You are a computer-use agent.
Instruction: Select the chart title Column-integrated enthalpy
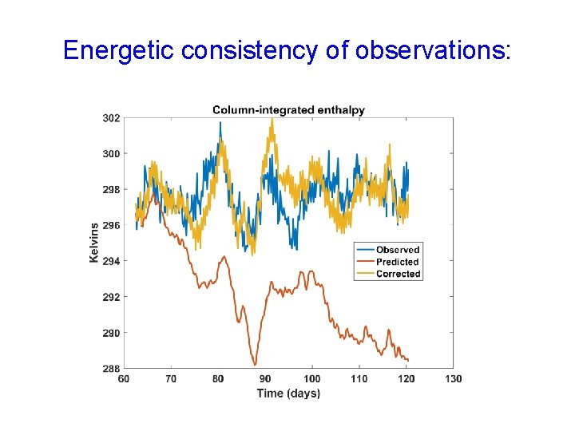click(288, 109)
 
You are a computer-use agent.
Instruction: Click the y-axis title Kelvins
click(94, 243)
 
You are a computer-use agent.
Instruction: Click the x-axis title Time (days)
click(288, 393)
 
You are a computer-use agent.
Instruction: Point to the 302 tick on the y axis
click(111, 118)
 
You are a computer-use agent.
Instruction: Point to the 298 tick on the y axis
click(111, 190)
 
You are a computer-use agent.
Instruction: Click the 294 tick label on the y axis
click(111, 261)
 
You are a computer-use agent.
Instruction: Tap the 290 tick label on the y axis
click(111, 333)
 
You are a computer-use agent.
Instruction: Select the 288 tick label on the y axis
click(111, 369)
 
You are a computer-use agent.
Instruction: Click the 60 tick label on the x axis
click(124, 378)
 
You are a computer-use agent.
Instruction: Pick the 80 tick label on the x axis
click(218, 378)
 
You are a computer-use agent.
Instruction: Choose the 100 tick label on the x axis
click(312, 378)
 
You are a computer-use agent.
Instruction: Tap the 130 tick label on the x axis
click(453, 378)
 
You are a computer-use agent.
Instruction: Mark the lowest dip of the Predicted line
click(255, 364)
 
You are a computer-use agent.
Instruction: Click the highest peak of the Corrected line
click(272, 120)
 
